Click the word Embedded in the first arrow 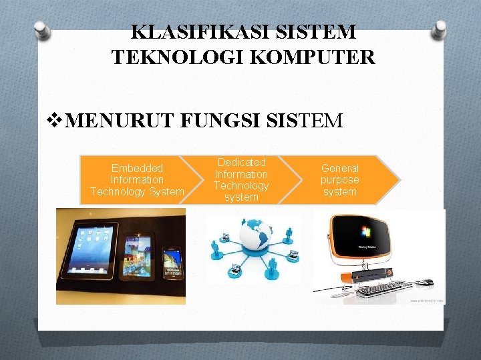pos(137,168)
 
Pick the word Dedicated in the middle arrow pos(241,162)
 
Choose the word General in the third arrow pos(339,168)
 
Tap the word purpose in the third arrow pos(339,180)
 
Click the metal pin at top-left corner pos(42,30)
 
